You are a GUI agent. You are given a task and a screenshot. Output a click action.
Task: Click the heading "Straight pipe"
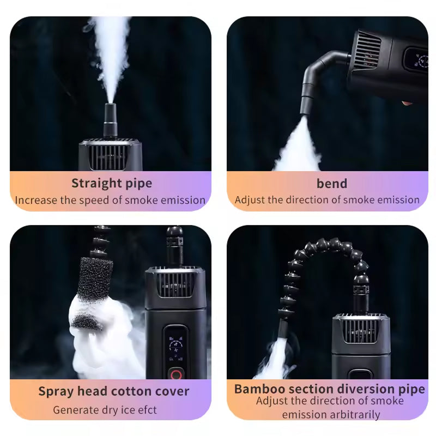112,183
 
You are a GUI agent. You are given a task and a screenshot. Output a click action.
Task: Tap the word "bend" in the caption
331,183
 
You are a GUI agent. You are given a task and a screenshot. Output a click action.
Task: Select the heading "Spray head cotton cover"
114,391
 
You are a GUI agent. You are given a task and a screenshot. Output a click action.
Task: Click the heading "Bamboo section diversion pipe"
329,389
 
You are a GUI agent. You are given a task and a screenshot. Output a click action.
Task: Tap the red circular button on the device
176,374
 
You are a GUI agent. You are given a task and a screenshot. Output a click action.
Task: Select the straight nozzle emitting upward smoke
111,120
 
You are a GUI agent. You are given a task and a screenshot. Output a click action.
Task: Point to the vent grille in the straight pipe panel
111,156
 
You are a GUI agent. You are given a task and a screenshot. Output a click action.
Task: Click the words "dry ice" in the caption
116,409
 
